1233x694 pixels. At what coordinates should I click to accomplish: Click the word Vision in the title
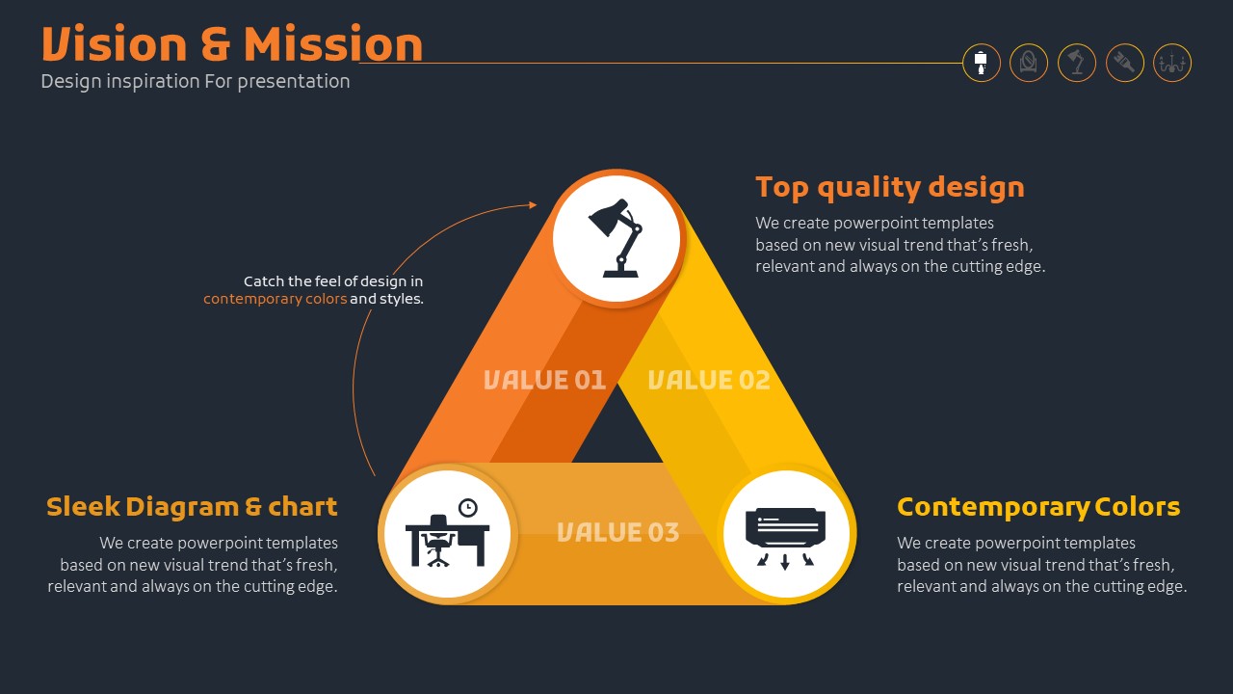point(115,43)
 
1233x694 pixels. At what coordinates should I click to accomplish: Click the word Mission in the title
point(333,43)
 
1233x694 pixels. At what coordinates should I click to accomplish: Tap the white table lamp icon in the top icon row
point(981,63)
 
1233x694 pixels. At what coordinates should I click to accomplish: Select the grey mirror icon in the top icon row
point(1028,63)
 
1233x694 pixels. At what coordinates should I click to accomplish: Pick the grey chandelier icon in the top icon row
point(1172,63)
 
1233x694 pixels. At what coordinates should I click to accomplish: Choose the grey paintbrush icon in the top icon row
point(1124,63)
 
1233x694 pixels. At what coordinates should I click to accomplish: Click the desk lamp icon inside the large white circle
point(616,238)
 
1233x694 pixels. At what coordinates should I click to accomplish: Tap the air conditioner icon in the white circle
point(785,538)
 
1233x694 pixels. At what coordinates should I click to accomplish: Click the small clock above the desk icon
point(468,508)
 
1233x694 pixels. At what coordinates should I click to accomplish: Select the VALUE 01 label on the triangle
point(544,380)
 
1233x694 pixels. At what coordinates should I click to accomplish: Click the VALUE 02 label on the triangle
point(709,380)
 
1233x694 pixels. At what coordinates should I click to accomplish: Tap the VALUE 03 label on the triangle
point(618,532)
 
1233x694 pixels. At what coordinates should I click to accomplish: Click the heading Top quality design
point(890,188)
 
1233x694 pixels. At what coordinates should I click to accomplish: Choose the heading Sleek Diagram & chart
point(192,507)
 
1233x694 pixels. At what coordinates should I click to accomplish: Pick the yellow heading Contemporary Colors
point(1038,507)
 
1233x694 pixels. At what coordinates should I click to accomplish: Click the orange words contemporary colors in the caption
point(275,299)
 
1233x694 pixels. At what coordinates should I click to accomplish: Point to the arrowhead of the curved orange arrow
point(533,205)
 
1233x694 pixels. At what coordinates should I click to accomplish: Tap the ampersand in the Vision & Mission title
point(215,44)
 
